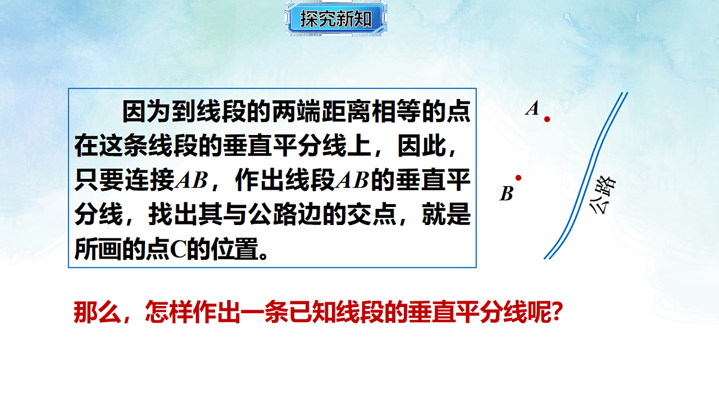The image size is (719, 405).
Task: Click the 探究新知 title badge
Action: (336, 19)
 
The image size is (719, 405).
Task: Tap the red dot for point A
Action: (547, 119)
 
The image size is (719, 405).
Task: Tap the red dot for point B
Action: (518, 178)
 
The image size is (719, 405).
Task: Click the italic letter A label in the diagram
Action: (532, 109)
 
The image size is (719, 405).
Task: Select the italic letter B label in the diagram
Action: (507, 194)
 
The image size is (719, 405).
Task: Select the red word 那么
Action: (93, 313)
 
